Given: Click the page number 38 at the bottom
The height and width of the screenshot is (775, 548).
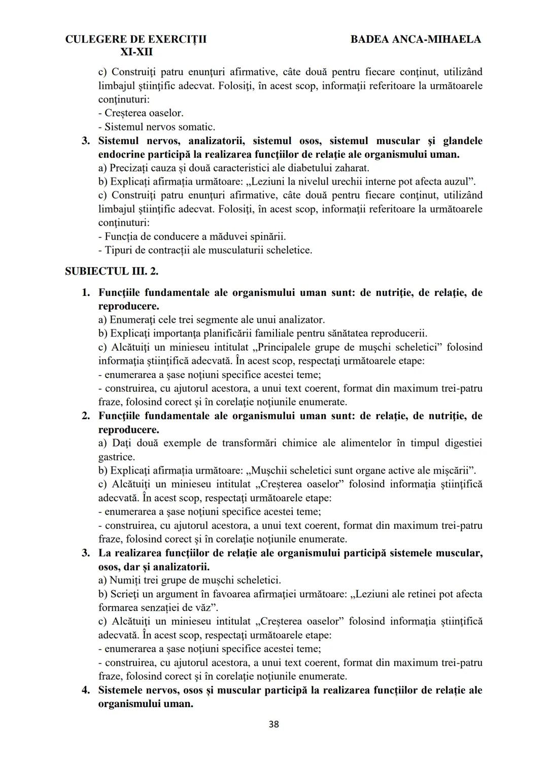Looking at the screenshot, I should (x=273, y=724).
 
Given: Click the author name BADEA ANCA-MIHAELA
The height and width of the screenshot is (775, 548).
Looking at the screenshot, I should (x=416, y=39).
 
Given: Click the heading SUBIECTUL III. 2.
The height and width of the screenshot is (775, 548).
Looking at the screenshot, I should (x=112, y=271).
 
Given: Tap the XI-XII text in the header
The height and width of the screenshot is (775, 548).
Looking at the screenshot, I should (x=136, y=52).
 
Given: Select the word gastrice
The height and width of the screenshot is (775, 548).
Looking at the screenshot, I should (x=116, y=457).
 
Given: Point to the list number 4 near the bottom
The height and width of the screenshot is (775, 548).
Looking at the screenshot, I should (x=86, y=690).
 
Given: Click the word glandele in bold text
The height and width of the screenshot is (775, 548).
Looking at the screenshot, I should (x=462, y=141).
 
